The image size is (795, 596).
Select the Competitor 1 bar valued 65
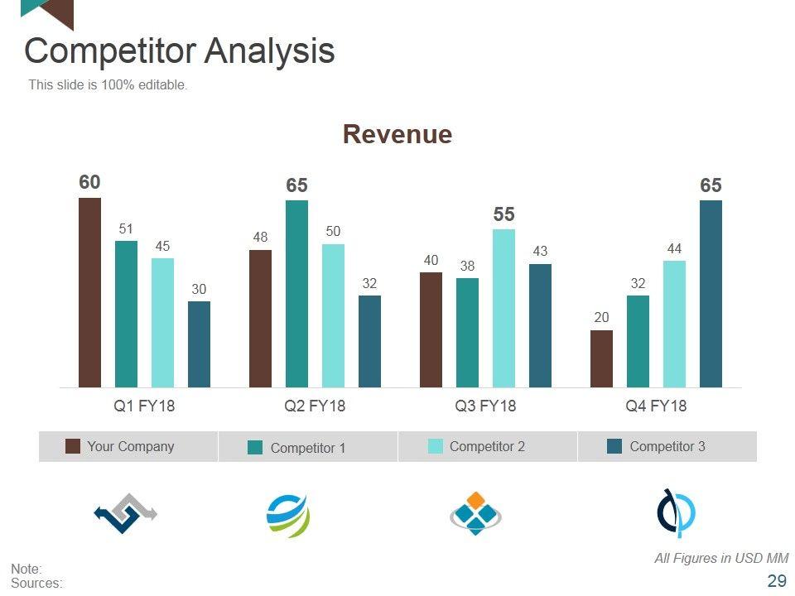296,293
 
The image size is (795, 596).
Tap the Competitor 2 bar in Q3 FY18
503,308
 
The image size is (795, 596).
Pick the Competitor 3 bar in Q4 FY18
711,293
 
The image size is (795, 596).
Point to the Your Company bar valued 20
601,358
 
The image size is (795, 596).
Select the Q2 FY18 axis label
315,406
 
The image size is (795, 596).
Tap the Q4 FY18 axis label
656,406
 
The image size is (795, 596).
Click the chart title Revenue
397,134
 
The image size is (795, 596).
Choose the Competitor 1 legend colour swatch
255,448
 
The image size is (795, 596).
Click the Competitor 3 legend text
667,447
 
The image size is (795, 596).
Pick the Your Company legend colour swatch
73,447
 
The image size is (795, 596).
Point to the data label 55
503,214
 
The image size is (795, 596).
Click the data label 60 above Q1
89,182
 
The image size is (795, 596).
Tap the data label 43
540,251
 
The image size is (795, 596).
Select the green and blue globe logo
287,515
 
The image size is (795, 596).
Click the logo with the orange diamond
475,513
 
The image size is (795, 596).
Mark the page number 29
777,581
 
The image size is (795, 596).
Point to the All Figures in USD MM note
720,559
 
